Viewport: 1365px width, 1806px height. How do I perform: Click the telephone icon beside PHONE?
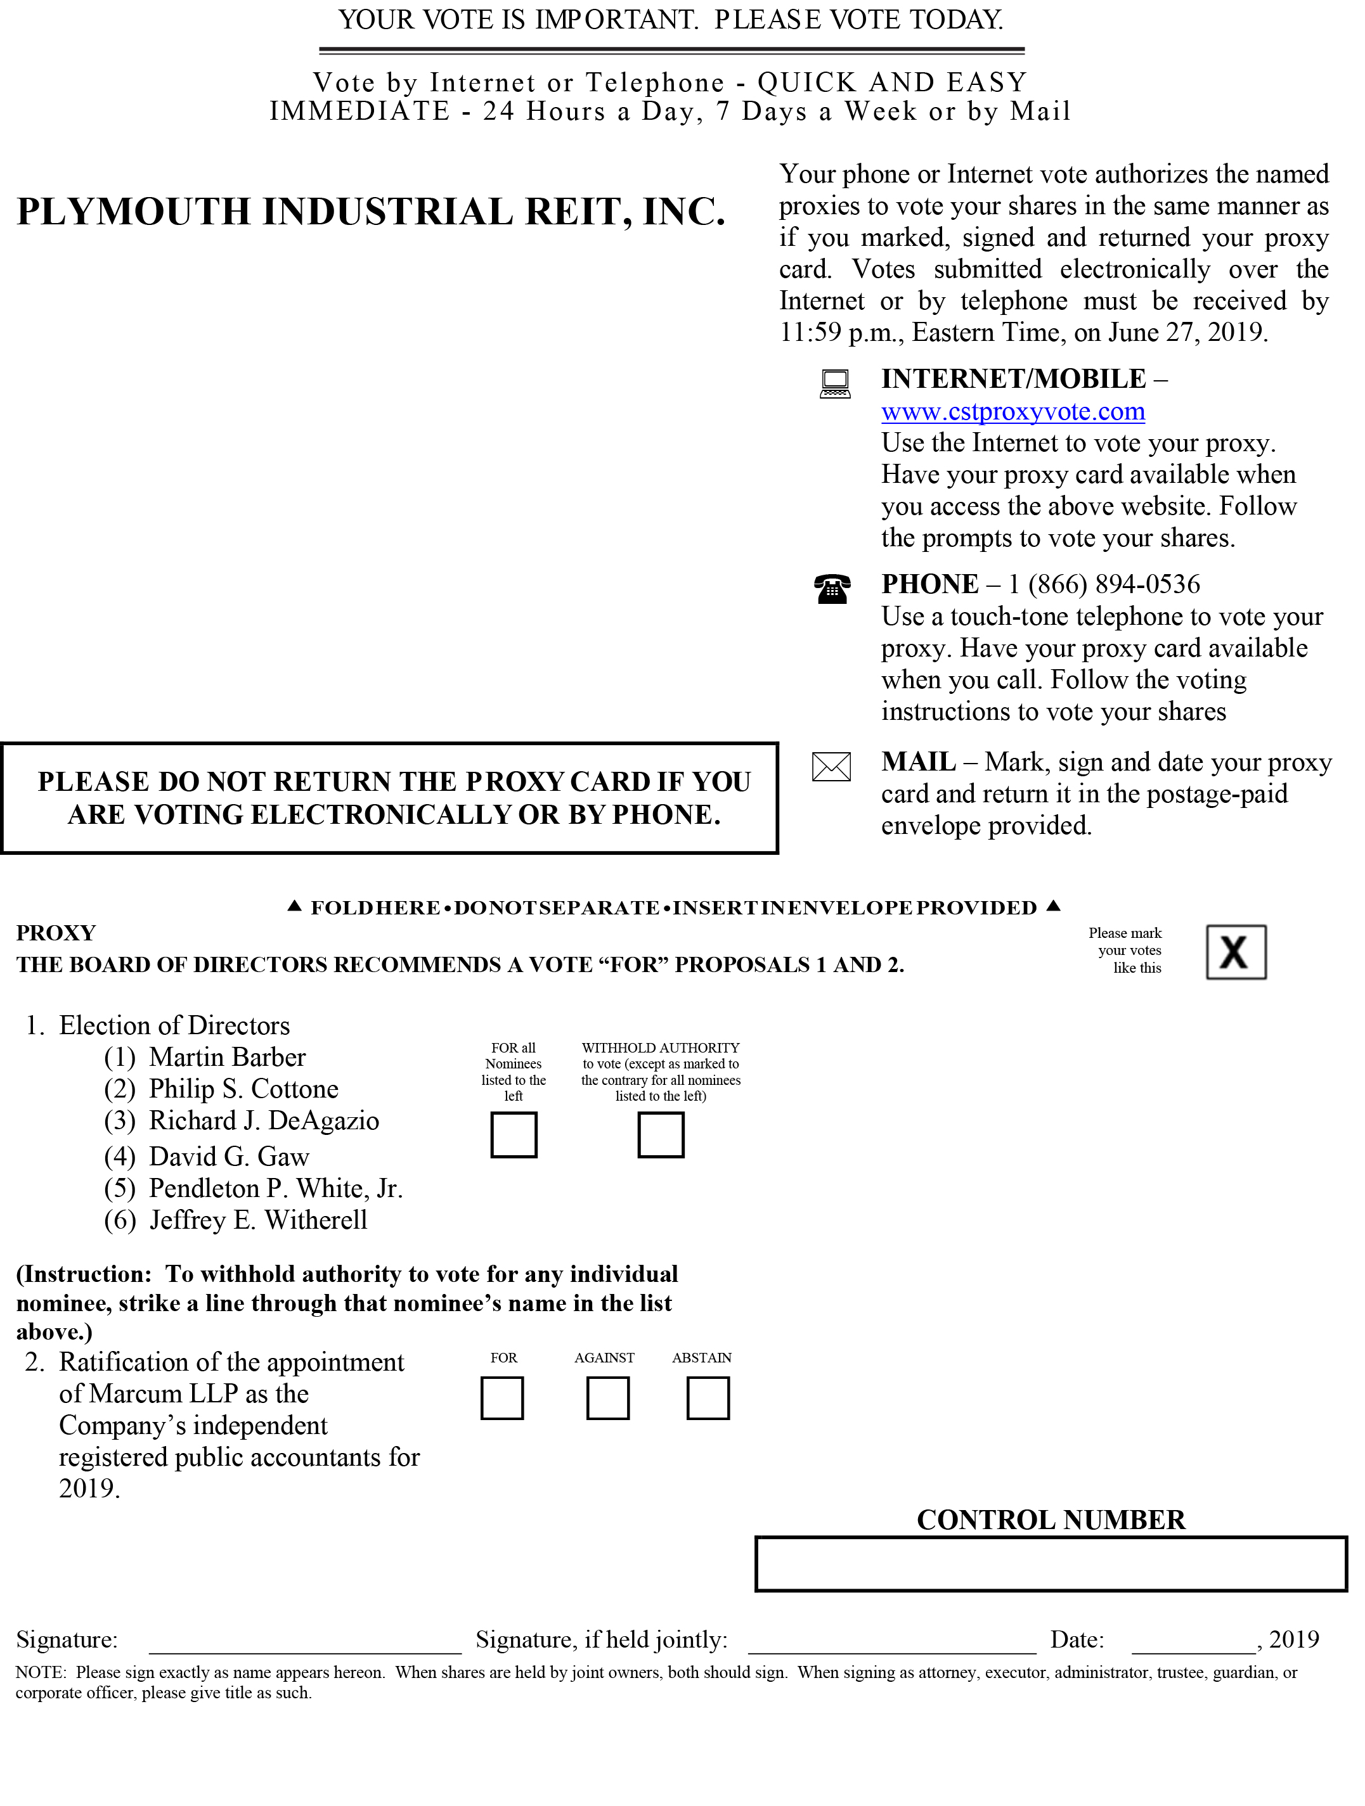point(832,588)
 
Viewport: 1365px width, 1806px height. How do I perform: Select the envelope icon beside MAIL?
point(831,767)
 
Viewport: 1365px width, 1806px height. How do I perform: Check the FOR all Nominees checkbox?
point(513,1134)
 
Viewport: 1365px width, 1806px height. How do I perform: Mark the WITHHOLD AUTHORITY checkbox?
point(660,1134)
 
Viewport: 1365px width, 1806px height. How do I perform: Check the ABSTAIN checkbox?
point(708,1398)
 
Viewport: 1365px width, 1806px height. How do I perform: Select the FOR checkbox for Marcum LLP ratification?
point(501,1398)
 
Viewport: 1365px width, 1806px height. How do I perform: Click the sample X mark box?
point(1235,952)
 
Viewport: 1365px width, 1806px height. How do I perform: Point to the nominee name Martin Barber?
point(227,1058)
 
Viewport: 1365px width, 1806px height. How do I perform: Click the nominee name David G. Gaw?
point(229,1157)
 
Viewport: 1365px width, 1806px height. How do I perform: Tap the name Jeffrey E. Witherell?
point(258,1220)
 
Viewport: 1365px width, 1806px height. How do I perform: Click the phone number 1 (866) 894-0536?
point(1104,585)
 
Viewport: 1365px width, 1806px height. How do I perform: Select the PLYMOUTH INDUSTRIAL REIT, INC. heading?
point(371,212)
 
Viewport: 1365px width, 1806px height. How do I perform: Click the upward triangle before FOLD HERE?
point(295,906)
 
